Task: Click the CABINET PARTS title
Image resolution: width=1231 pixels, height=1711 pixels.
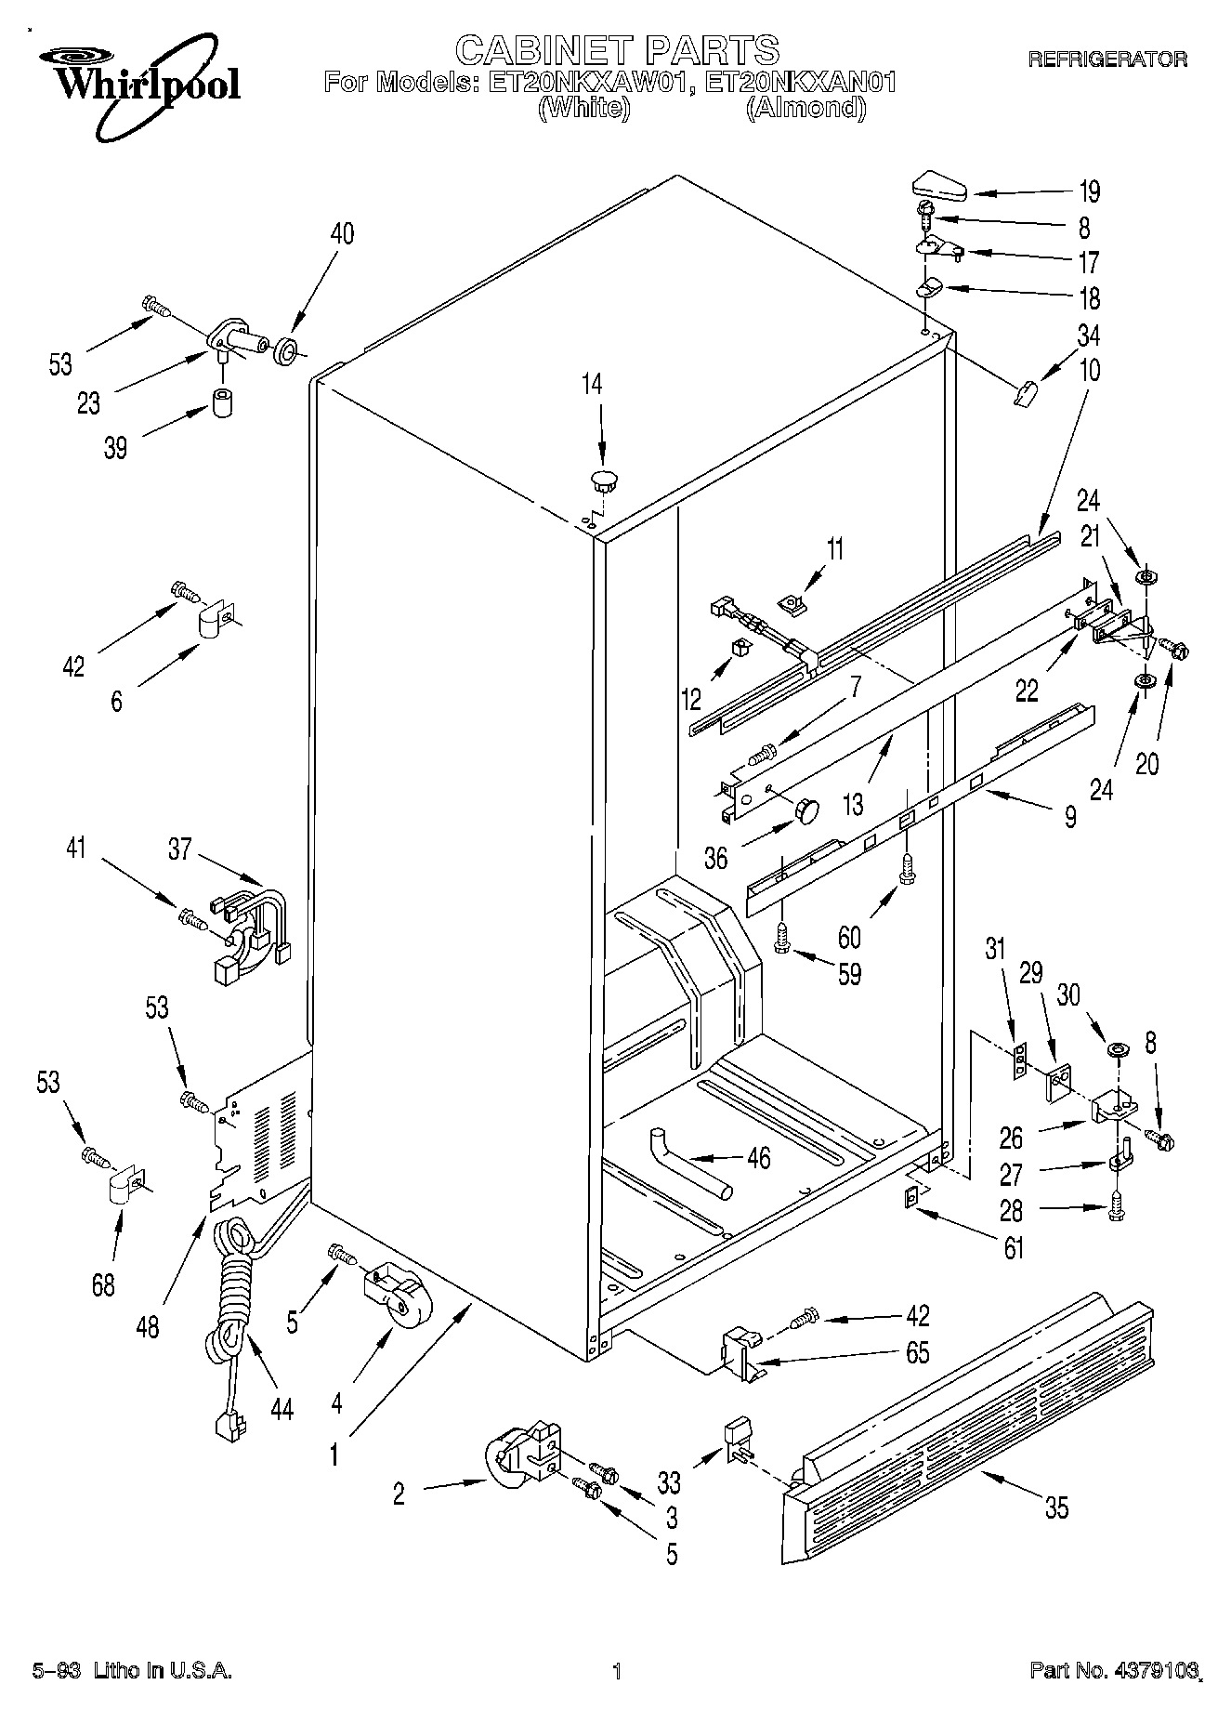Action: [x=616, y=48]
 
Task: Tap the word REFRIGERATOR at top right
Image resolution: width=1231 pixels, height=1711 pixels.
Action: [x=1107, y=59]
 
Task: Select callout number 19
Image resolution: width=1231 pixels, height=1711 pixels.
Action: [x=1089, y=191]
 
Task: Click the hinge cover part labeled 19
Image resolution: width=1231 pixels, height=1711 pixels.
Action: [x=938, y=185]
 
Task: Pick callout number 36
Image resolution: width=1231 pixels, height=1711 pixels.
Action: [x=715, y=857]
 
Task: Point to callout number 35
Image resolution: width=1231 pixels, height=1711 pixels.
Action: [x=1056, y=1507]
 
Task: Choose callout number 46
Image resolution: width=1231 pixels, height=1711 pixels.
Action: [x=758, y=1159]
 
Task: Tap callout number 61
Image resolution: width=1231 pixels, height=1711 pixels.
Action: [x=1013, y=1247]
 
